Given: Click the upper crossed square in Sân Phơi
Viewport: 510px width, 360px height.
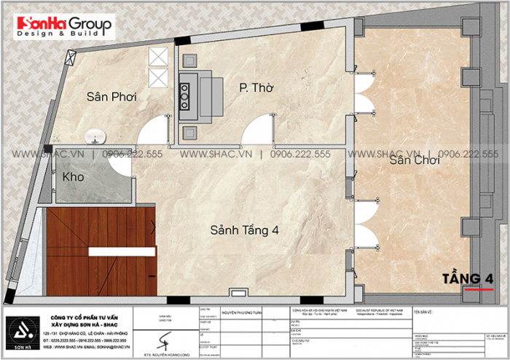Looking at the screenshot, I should click(157, 57).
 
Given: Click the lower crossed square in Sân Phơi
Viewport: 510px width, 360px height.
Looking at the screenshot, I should click(157, 78).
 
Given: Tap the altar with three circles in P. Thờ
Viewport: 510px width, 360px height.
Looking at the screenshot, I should click(185, 92).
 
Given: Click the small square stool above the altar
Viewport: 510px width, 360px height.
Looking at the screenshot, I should click(188, 60).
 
